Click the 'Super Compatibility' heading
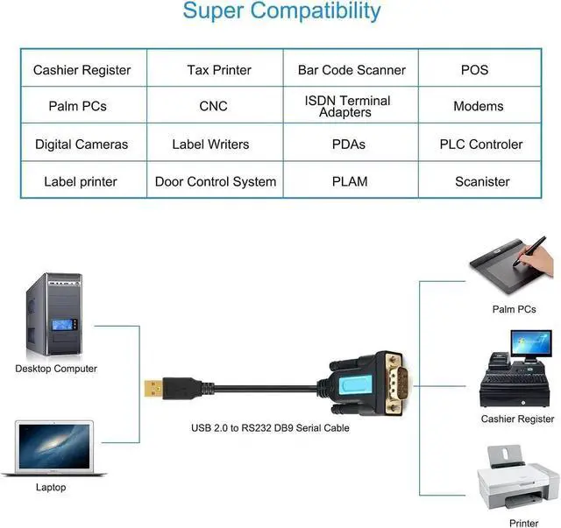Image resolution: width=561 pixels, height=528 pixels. click(281, 12)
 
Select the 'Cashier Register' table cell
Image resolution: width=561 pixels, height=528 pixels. click(82, 70)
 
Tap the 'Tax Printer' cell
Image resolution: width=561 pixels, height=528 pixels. click(219, 70)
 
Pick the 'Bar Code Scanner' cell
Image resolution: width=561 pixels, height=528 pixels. click(352, 70)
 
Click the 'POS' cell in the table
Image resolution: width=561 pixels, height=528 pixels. click(474, 70)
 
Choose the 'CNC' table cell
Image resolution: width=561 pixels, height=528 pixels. click(213, 106)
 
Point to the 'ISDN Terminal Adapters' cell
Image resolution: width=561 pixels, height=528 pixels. click(348, 106)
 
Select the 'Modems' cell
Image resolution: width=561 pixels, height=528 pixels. click(479, 106)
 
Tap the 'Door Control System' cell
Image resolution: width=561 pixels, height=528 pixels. click(216, 182)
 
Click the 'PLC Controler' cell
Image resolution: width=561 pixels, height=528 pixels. click(481, 144)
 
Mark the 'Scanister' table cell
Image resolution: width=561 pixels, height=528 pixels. click(482, 182)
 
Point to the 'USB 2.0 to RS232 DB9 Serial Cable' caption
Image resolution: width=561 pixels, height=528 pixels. click(270, 428)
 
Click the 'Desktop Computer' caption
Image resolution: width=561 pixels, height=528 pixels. click(56, 369)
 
